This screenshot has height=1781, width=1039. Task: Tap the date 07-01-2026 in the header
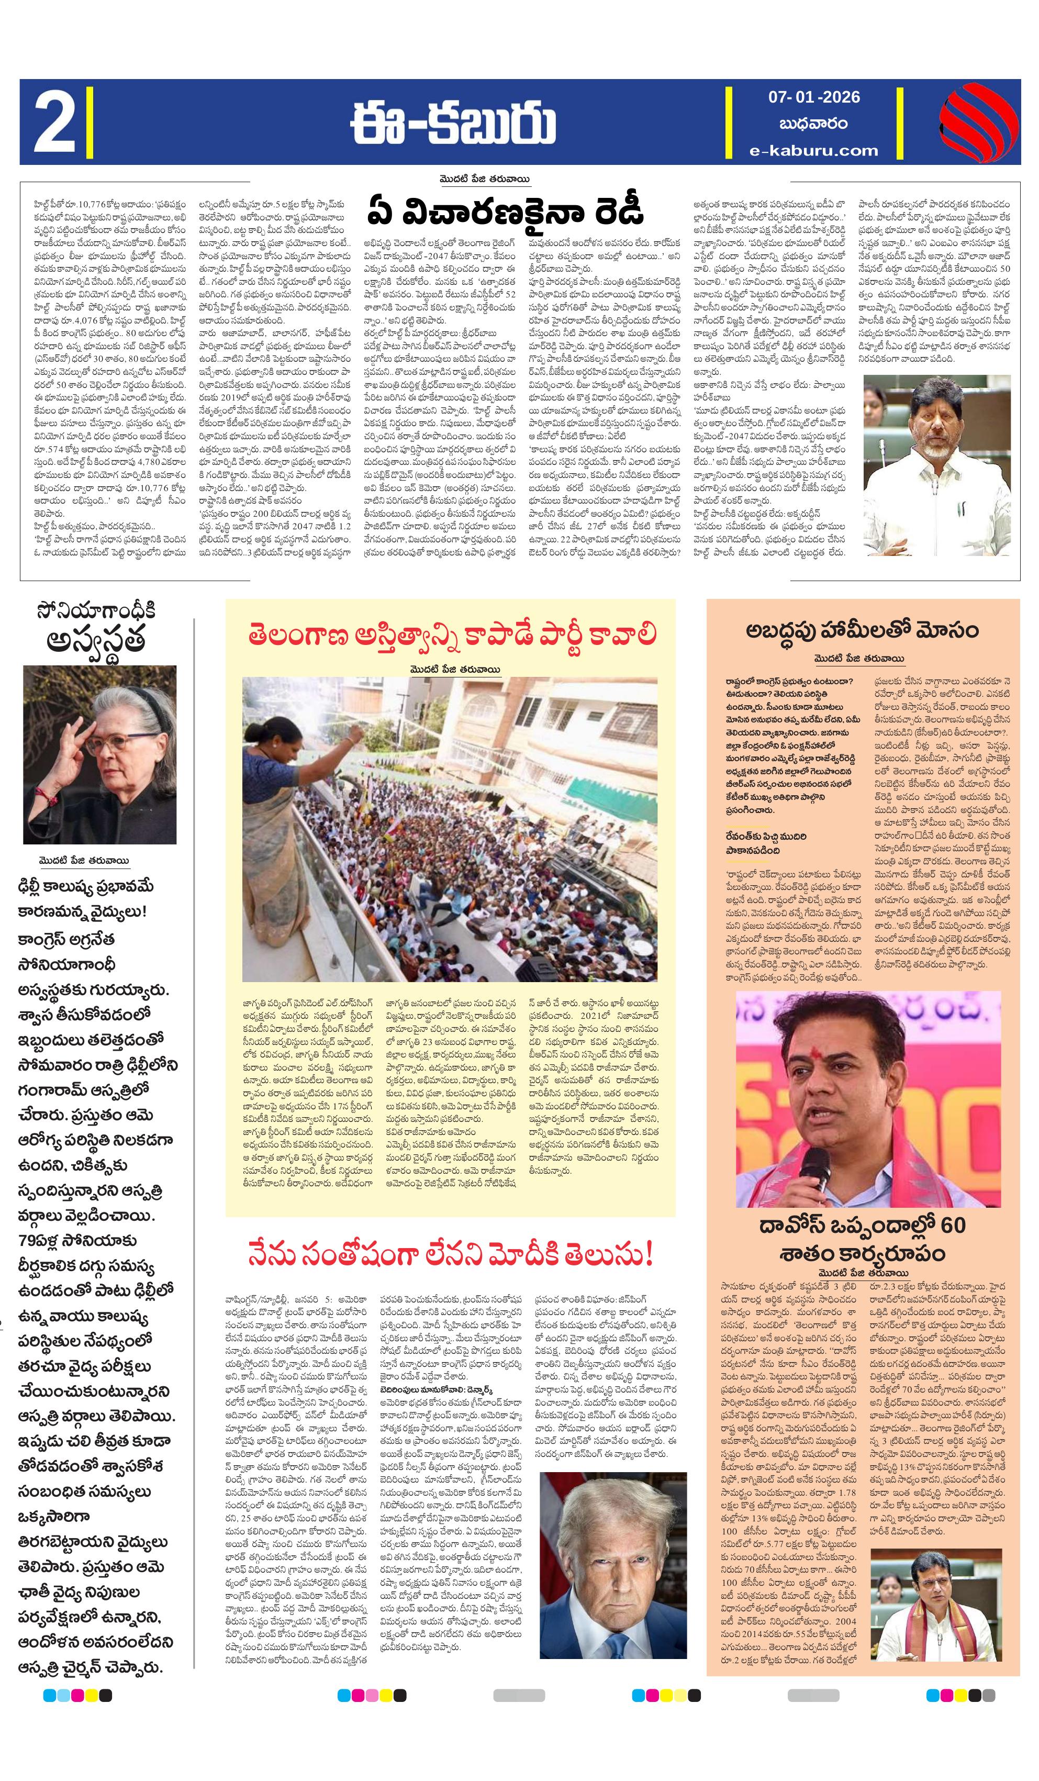click(813, 97)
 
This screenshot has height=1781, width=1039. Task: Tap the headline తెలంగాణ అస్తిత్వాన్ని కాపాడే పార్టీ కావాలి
click(451, 635)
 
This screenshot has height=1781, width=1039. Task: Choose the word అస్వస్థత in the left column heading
click(96, 640)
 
